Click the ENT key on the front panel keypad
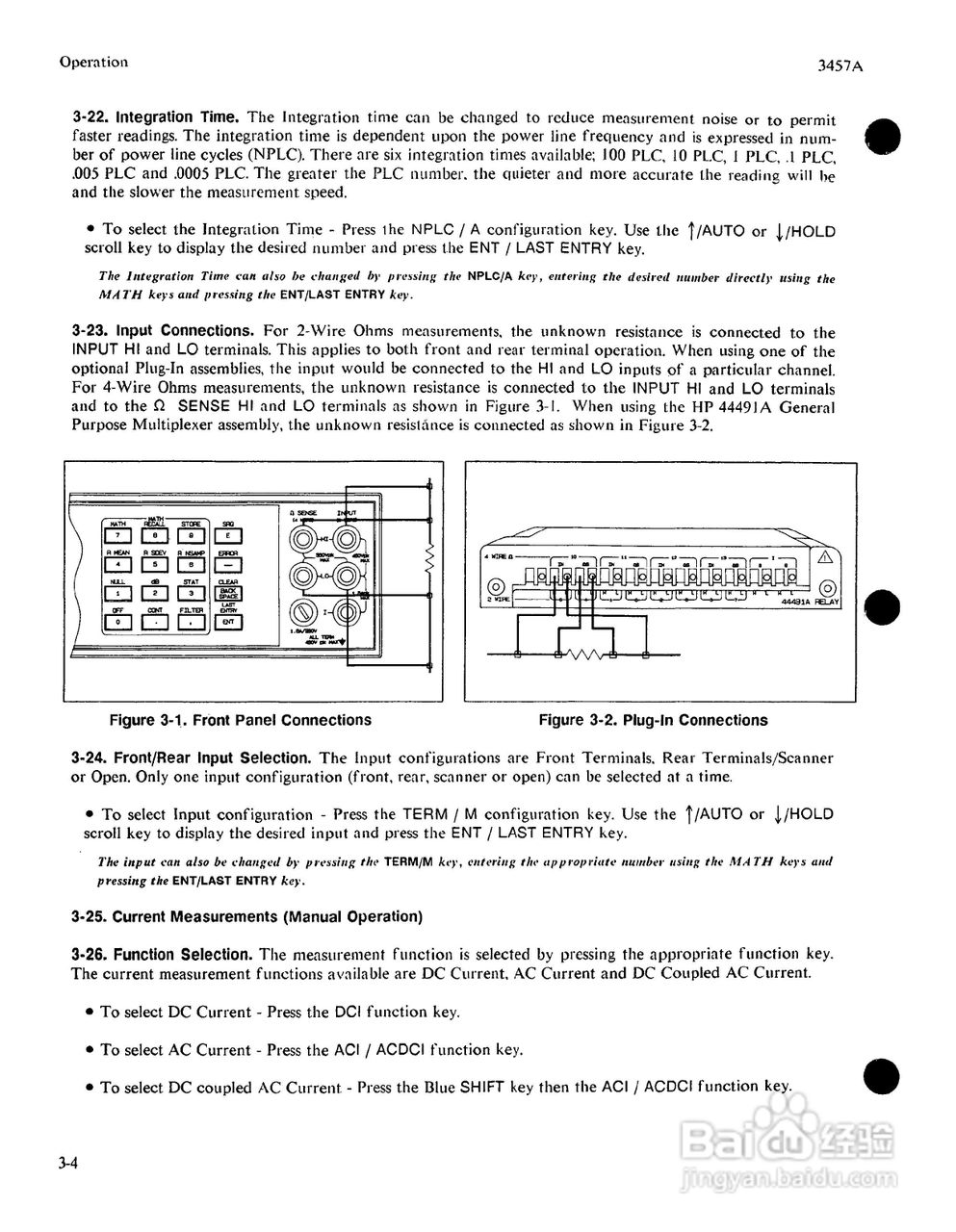click(x=228, y=623)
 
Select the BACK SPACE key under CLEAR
click(x=228, y=594)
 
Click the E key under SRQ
click(x=228, y=536)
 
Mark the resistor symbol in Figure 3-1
click(x=429, y=557)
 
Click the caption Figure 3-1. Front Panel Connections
click(x=240, y=720)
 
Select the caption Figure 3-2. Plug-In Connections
click(x=653, y=720)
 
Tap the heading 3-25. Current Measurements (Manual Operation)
click(x=246, y=916)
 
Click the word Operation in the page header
click(x=93, y=62)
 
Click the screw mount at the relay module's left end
click(x=496, y=588)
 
